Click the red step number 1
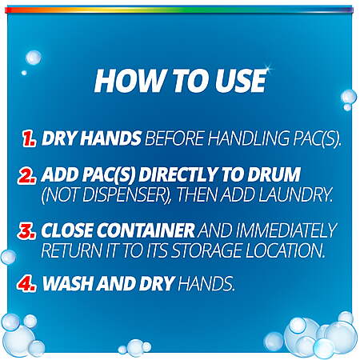pos(29,138)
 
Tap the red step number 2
pos(26,175)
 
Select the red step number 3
pos(26,230)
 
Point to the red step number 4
pos(26,283)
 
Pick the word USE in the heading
pos(239,81)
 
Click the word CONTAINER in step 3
pos(146,230)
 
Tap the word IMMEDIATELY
pos(286,230)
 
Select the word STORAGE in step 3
pos(206,250)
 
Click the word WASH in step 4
pos(68,283)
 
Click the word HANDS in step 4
pos(206,283)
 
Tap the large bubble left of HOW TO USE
pos(34,58)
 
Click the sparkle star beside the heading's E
pos(267,68)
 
